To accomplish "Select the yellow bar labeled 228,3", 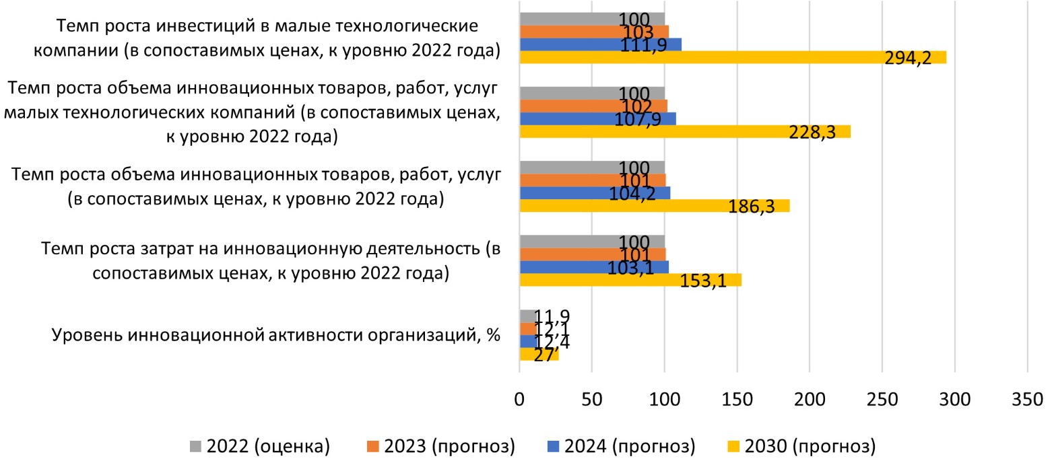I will point(685,131).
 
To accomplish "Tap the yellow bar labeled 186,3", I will point(654,206).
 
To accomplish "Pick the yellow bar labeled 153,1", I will point(630,280).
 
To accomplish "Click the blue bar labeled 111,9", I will point(600,44).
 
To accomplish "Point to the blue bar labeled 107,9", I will point(597,119).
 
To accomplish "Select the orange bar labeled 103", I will point(593,32).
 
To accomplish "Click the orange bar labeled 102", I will point(593,106).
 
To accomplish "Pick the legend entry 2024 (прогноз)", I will point(627,445).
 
